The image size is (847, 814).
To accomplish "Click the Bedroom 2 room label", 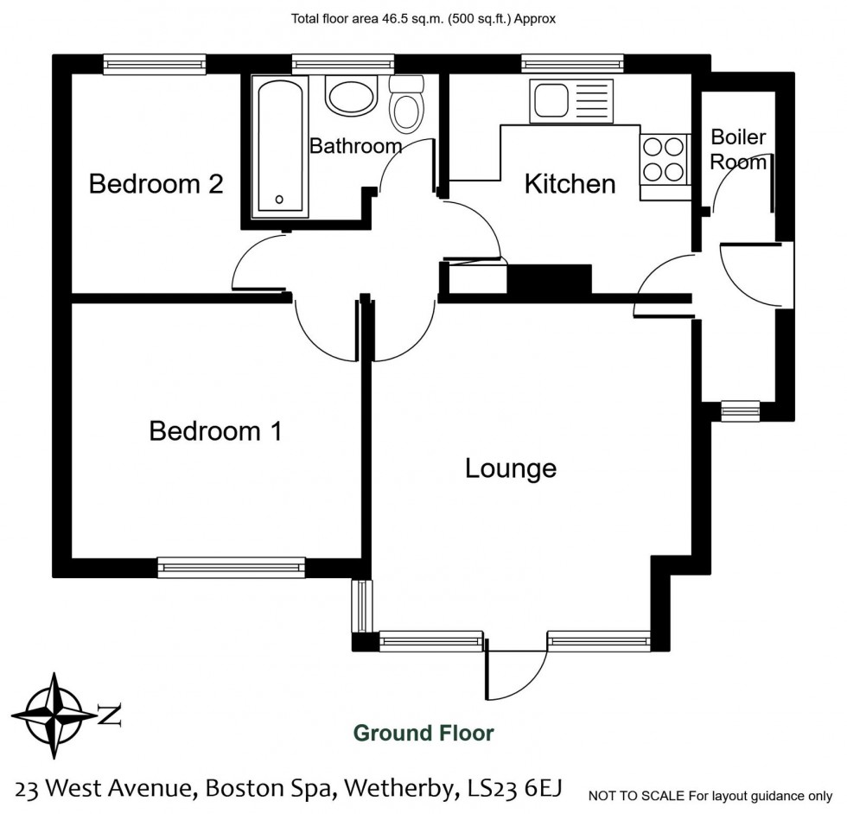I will click(x=156, y=184).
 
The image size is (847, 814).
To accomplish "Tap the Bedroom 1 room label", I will click(x=215, y=430).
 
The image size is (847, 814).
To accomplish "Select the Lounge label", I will click(x=510, y=468).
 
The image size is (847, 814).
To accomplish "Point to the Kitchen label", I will click(x=570, y=184).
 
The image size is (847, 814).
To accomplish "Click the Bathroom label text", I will click(x=355, y=146).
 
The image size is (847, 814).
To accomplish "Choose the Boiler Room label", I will click(x=738, y=149).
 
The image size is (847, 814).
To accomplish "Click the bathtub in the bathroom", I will click(x=278, y=148).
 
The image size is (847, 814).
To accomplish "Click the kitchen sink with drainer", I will click(x=571, y=100).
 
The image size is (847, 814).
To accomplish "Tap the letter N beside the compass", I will click(x=110, y=715).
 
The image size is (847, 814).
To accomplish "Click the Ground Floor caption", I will click(x=423, y=734).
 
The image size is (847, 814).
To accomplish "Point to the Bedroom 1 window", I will click(x=231, y=567).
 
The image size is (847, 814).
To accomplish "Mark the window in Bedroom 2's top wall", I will click(x=155, y=63).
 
